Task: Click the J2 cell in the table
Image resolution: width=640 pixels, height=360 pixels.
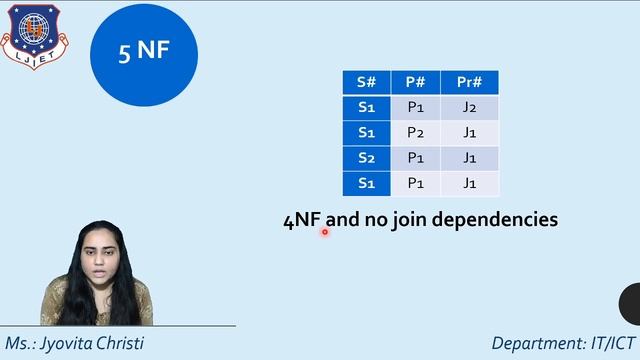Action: [x=469, y=107]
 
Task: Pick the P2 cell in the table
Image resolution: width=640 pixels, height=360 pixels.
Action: [x=416, y=132]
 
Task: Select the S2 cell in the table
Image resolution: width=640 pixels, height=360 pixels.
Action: [x=365, y=158]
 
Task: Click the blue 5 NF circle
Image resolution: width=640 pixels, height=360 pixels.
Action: [x=144, y=51]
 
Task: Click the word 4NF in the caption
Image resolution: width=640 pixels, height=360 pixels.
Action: [x=303, y=220]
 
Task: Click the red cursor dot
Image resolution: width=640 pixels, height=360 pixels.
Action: [x=325, y=231]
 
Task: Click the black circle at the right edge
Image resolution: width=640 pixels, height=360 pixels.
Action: [x=631, y=304]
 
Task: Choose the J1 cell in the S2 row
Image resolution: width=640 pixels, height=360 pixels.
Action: [x=469, y=158]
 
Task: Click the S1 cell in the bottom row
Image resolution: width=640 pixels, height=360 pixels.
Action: [x=365, y=183]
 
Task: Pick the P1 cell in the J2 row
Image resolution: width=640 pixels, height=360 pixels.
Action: [x=416, y=107]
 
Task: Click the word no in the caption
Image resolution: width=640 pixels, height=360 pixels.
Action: [x=375, y=220]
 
